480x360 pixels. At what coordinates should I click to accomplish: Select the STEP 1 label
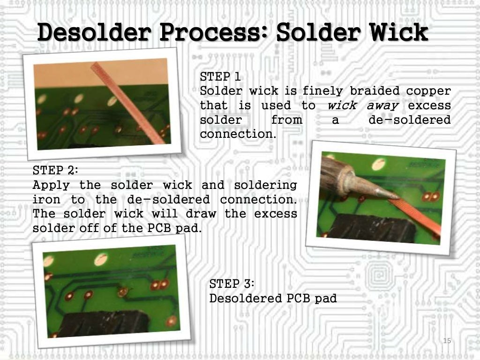tap(220, 76)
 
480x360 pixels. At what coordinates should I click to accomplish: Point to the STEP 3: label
tap(232, 284)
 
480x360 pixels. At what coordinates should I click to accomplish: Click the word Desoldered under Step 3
tap(246, 298)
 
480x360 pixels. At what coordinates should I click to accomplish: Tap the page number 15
tap(447, 340)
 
